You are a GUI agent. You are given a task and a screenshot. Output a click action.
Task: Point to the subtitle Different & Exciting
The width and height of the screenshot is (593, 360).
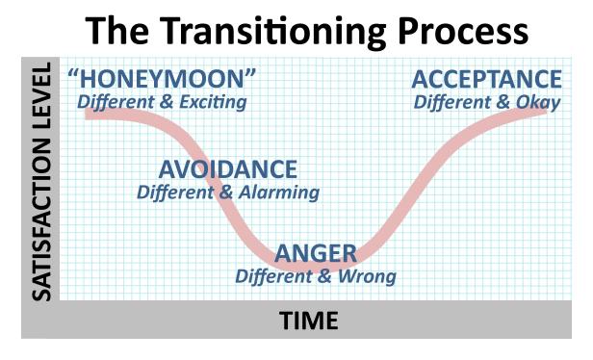pos(162,101)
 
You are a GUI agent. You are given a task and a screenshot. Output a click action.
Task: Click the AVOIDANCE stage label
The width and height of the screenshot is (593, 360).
pos(228,169)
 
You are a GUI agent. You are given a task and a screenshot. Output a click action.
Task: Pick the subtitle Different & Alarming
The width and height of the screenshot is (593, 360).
pos(228,192)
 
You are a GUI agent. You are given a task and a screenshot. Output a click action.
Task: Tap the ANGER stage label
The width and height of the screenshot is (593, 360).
pos(316,254)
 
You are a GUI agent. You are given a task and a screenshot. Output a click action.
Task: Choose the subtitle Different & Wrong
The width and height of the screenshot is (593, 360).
pos(316,276)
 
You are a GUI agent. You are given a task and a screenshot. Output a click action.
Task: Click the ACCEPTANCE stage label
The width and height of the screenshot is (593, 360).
pos(486,79)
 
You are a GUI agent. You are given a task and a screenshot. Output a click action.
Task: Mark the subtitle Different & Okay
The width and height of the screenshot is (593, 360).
pos(486,99)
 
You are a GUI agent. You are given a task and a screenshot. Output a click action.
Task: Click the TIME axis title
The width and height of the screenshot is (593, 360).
pos(309,321)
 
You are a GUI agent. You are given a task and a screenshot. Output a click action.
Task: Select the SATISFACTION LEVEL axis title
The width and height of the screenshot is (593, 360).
pos(40,182)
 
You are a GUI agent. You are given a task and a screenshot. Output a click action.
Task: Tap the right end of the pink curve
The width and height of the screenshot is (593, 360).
pos(545,109)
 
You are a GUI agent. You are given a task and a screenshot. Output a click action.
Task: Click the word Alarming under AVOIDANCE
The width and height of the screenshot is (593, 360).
pos(277,192)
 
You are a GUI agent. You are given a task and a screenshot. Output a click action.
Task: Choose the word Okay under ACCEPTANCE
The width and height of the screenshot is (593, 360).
pos(537,99)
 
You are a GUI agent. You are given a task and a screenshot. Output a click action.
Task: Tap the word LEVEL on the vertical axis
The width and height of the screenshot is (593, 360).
pos(40,96)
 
